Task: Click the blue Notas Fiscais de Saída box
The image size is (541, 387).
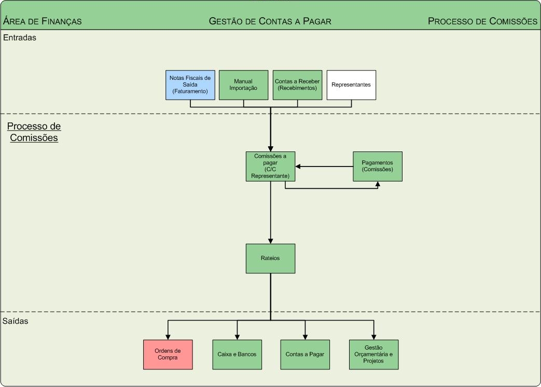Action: pyautogui.click(x=190, y=85)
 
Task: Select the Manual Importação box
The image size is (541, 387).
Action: pyautogui.click(x=243, y=85)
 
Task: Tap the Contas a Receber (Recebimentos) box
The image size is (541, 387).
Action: pyautogui.click(x=297, y=85)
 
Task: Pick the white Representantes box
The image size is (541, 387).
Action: pyautogui.click(x=351, y=85)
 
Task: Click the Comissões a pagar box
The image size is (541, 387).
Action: pyautogui.click(x=270, y=167)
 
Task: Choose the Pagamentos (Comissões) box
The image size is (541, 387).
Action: pyautogui.click(x=378, y=167)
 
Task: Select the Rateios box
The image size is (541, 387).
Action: pyautogui.click(x=270, y=258)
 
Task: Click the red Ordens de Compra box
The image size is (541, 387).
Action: pyautogui.click(x=168, y=355)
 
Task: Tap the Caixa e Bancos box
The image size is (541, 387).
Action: pyautogui.click(x=237, y=355)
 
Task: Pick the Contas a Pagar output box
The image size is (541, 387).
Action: pyautogui.click(x=305, y=355)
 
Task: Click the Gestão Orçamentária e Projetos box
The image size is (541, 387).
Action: pyautogui.click(x=373, y=355)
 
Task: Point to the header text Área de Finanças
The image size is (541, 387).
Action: pyautogui.click(x=43, y=21)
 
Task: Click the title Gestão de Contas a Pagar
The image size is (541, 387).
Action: pyautogui.click(x=270, y=21)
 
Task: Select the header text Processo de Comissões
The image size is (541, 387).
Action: pyautogui.click(x=482, y=21)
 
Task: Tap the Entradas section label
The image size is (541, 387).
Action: pyautogui.click(x=20, y=37)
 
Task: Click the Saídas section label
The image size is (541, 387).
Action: pyautogui.click(x=16, y=321)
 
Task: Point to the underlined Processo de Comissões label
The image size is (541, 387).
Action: pyautogui.click(x=34, y=132)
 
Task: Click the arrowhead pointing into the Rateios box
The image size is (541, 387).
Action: pyautogui.click(x=270, y=241)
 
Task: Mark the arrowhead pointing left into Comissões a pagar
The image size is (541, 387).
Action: pyautogui.click(x=298, y=167)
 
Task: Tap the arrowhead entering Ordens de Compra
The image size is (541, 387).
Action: pyautogui.click(x=168, y=337)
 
